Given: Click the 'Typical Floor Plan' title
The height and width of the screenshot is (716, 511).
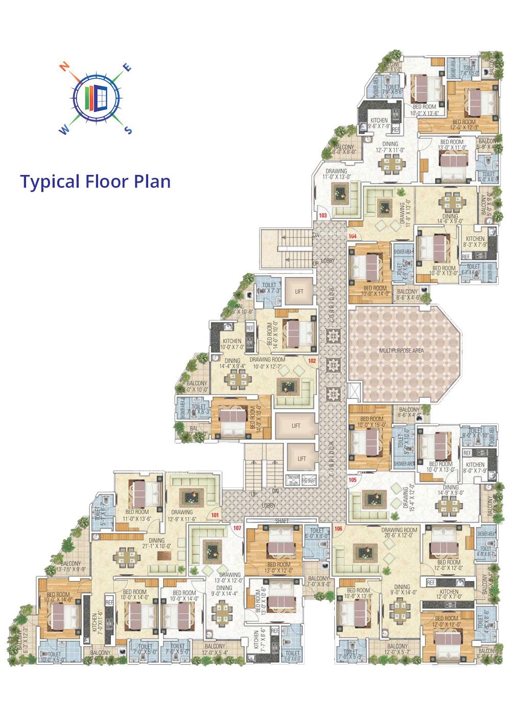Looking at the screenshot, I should tap(95, 181).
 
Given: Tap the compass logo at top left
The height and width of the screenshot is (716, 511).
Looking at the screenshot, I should tap(96, 98).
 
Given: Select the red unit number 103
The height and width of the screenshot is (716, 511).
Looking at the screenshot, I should tap(323, 216).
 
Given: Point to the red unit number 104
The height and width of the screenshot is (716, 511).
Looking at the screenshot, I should tap(353, 236).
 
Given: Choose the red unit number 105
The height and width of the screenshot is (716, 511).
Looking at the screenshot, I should tap(353, 480).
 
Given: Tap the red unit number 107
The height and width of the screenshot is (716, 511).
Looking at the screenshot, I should tap(237, 528).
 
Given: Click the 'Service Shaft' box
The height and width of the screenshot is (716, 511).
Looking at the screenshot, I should tap(293, 479).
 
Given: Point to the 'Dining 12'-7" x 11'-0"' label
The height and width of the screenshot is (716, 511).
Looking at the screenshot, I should tap(390, 147).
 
